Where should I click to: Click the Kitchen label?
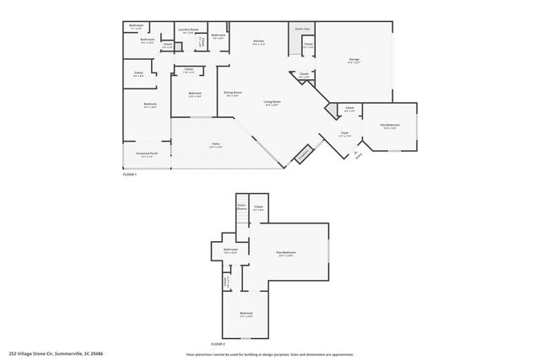pyautogui.click(x=260, y=41)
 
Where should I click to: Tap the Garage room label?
pyautogui.click(x=354, y=60)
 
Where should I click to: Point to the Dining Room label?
pyautogui.click(x=233, y=94)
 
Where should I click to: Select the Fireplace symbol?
pyautogui.click(x=303, y=155)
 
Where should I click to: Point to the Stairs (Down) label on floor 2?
pyautogui.click(x=241, y=207)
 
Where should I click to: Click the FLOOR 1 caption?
pyautogui.click(x=130, y=174)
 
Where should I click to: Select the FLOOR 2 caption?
pyautogui.click(x=218, y=343)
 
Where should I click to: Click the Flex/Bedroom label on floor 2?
pyautogui.click(x=288, y=254)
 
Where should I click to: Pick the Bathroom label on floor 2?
pyautogui.click(x=230, y=250)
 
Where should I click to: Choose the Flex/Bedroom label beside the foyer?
pyautogui.click(x=389, y=126)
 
